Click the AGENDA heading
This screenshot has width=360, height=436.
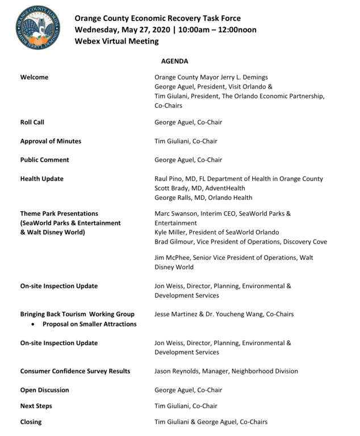click(175, 61)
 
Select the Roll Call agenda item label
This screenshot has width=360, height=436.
click(32, 122)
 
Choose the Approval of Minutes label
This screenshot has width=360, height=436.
click(51, 141)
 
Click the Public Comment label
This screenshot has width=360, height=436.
click(45, 160)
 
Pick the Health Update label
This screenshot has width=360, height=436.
click(42, 179)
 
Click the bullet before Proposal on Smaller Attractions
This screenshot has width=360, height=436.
click(35, 324)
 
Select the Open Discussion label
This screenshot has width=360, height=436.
click(44, 390)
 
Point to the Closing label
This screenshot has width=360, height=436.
click(31, 422)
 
